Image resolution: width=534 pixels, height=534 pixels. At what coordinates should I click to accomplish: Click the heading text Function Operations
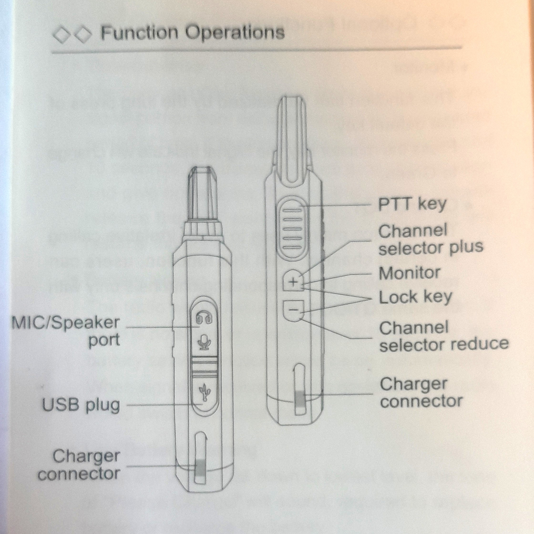pyautogui.click(x=192, y=32)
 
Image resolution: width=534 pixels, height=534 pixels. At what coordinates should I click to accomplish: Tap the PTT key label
pyautogui.click(x=412, y=204)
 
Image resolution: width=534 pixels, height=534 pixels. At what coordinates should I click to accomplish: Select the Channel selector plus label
pyautogui.click(x=430, y=239)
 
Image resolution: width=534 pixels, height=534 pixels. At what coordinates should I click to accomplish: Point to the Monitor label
pyautogui.click(x=409, y=273)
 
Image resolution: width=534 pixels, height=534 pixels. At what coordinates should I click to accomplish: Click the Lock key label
pyautogui.click(x=415, y=297)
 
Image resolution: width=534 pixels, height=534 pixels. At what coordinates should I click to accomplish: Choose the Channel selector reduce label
pyautogui.click(x=443, y=336)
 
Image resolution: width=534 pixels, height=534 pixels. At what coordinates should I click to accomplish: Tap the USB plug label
pyautogui.click(x=81, y=405)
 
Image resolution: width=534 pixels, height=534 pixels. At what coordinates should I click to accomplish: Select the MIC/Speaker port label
pyautogui.click(x=66, y=331)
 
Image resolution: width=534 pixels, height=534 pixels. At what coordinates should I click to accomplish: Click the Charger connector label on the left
pyautogui.click(x=79, y=465)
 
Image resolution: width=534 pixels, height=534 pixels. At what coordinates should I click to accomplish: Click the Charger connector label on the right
pyautogui.click(x=421, y=393)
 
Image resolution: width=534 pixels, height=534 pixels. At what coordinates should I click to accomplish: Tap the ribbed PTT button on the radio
pyautogui.click(x=293, y=228)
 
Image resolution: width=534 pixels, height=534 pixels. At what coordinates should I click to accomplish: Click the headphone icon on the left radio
pyautogui.click(x=204, y=317)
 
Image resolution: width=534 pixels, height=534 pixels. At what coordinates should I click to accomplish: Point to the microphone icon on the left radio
pyautogui.click(x=204, y=342)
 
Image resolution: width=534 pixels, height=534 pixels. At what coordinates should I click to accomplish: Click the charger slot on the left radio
pyautogui.click(x=201, y=459)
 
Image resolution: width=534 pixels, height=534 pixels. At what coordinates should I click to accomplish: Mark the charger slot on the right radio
pyautogui.click(x=300, y=390)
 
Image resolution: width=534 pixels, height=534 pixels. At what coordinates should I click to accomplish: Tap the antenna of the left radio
pyautogui.click(x=203, y=195)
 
